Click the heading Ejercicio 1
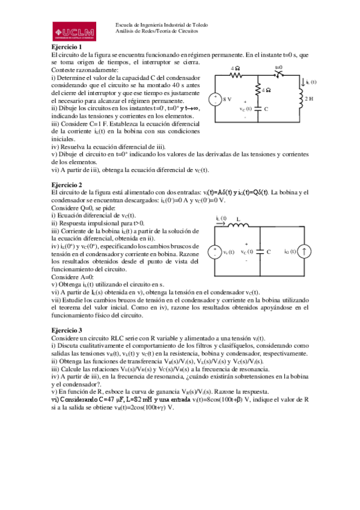[66, 47]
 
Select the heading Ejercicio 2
[66, 185]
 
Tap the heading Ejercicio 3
[66, 330]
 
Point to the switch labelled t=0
[279, 76]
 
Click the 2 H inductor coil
[300, 98]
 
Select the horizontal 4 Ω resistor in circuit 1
[236, 76]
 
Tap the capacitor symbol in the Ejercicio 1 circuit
[258, 109]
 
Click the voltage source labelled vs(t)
[214, 252]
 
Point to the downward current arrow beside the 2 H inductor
[304, 82]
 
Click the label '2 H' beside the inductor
[309, 98]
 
